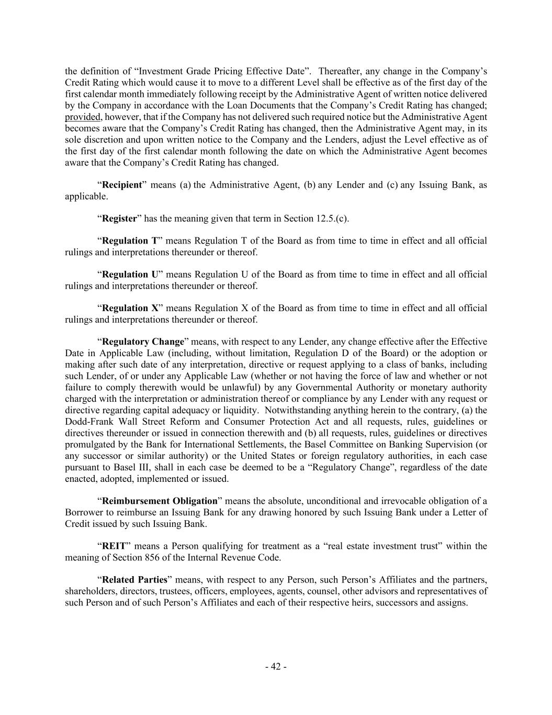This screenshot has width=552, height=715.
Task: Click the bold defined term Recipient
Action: (121, 185)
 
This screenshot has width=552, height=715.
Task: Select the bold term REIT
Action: (114, 546)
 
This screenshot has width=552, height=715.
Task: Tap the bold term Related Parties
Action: (134, 580)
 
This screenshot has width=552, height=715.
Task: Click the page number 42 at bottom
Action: (276, 667)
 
